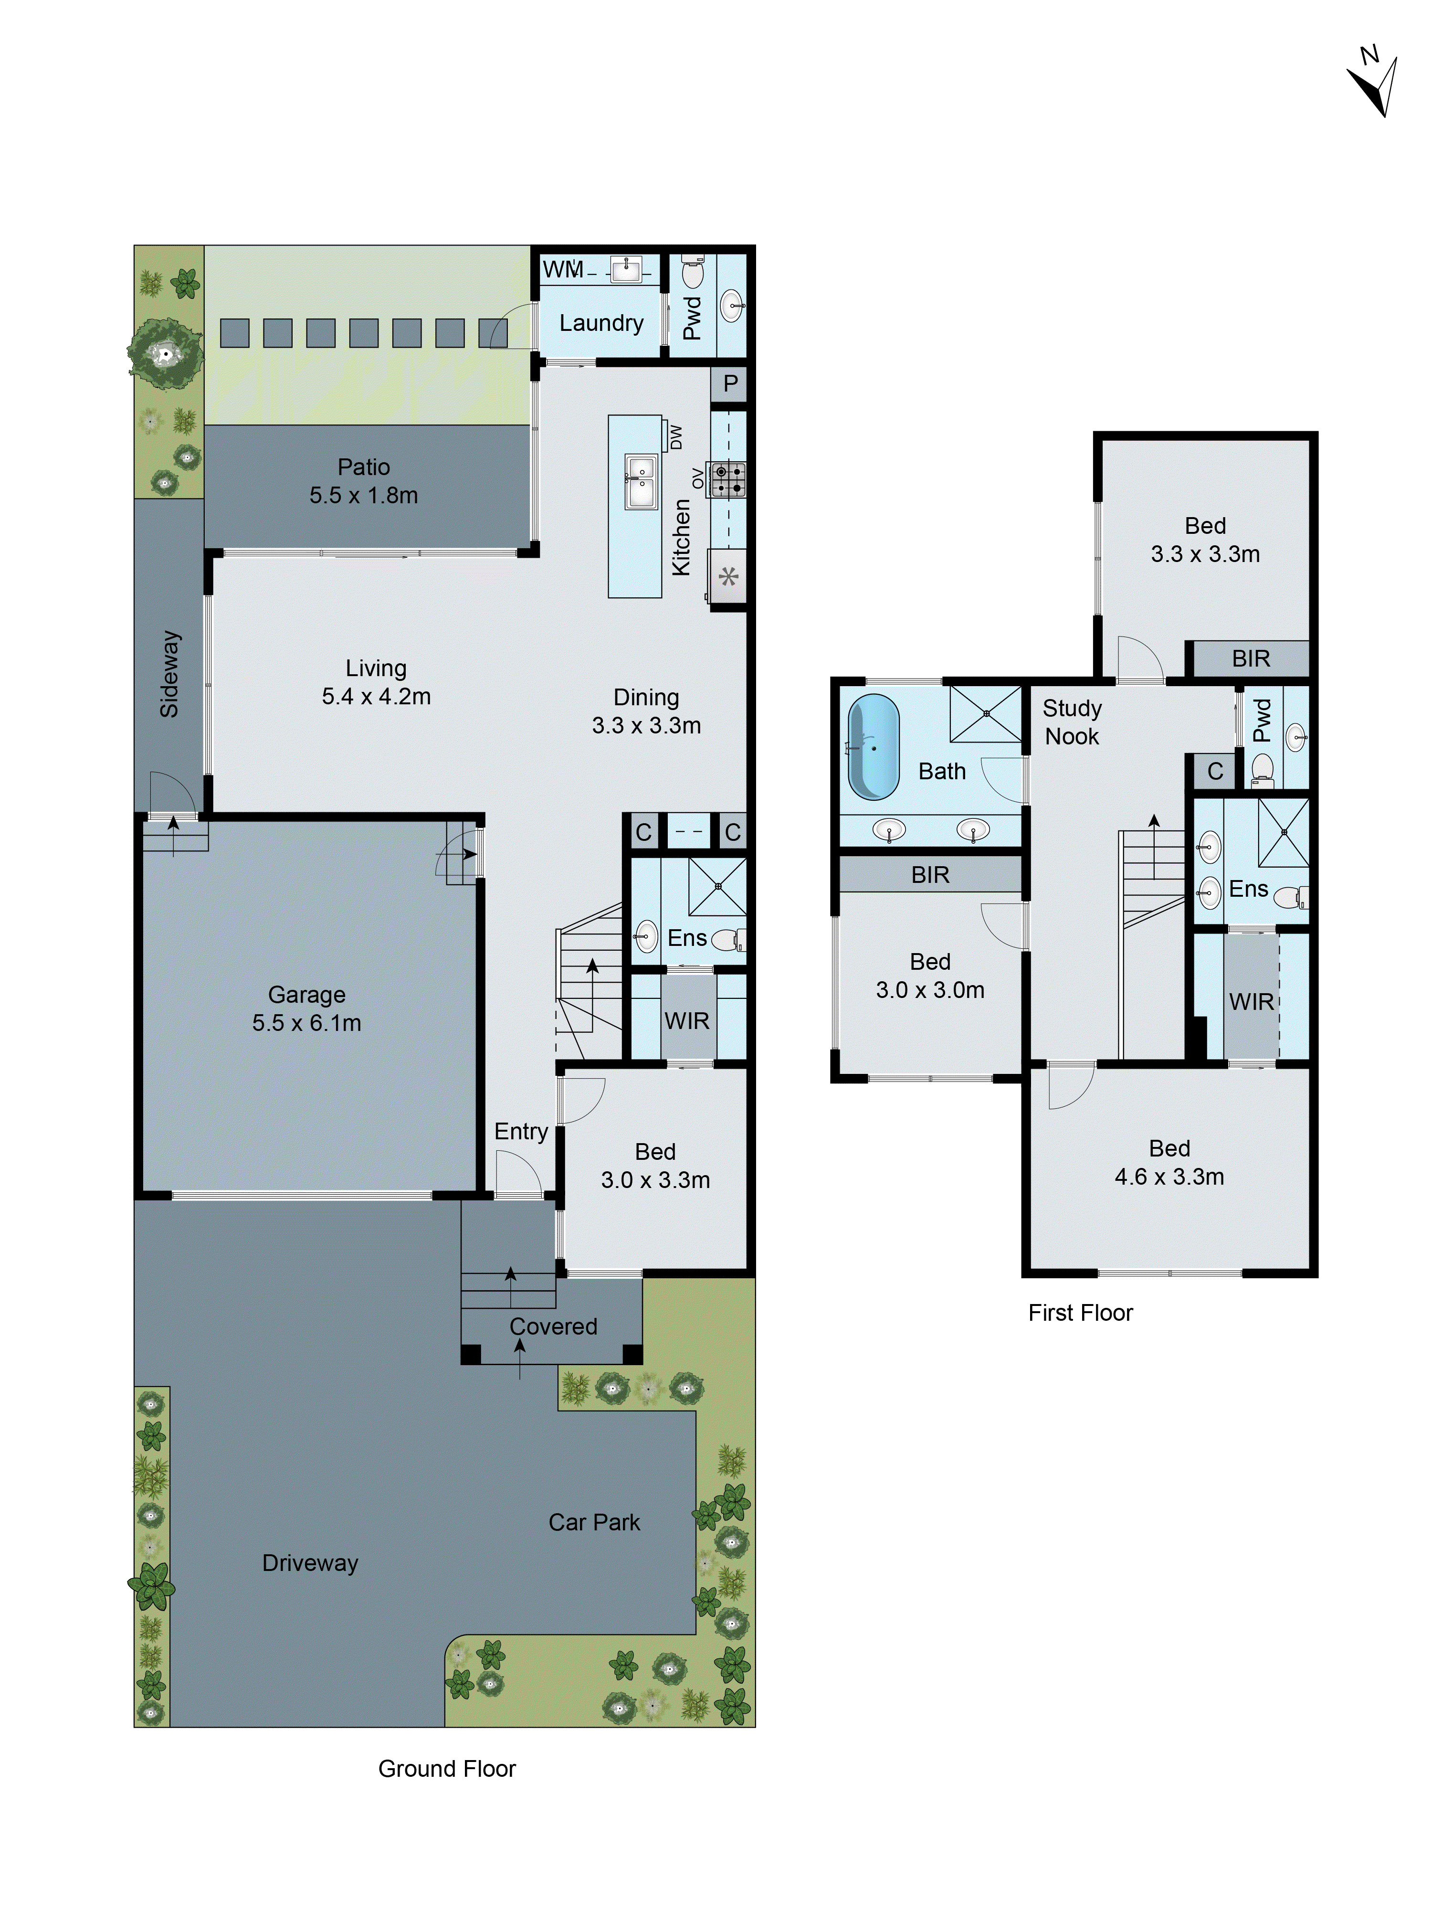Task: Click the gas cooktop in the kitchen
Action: click(x=727, y=480)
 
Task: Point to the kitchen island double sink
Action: click(x=640, y=482)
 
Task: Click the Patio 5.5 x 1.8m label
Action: click(x=363, y=481)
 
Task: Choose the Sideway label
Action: click(x=169, y=673)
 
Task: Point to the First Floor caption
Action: click(x=1080, y=1313)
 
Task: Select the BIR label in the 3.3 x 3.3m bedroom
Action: click(x=1251, y=659)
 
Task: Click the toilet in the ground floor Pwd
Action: click(x=692, y=273)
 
